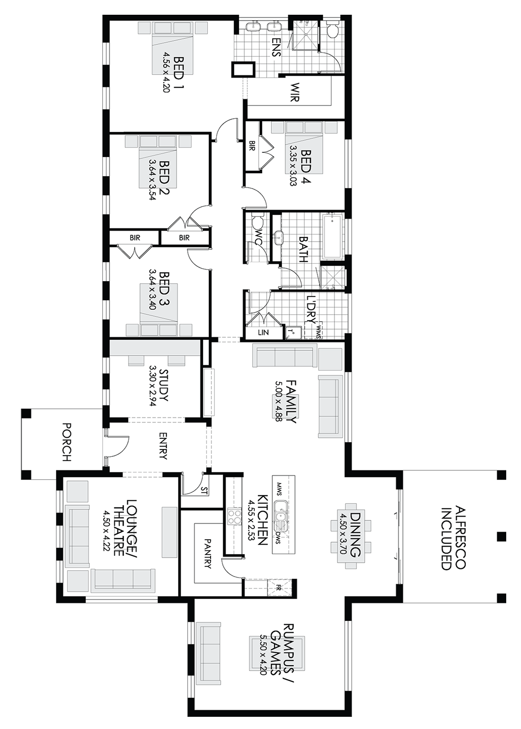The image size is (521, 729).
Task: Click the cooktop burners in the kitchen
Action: pos(235,517)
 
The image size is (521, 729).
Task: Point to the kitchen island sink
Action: pos(281,515)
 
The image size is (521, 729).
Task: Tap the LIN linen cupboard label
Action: pos(263,333)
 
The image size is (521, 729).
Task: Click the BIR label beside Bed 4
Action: pos(251,146)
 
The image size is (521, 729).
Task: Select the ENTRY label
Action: pos(163,445)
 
